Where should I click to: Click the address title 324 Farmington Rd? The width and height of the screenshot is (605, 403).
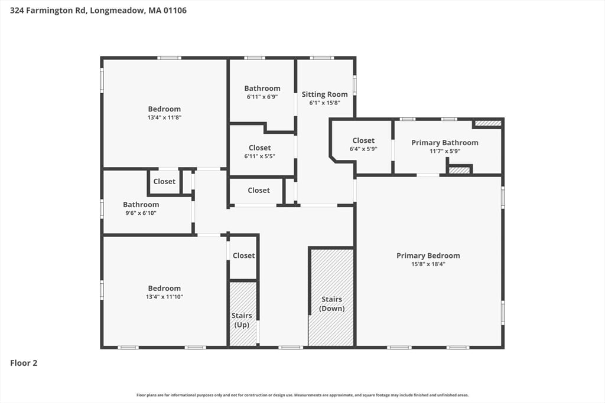[x=97, y=10]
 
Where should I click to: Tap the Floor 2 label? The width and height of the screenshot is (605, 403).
[x=24, y=363]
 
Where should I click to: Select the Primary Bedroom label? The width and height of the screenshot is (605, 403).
[x=428, y=255]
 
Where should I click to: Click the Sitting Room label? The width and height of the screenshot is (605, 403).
[x=324, y=94]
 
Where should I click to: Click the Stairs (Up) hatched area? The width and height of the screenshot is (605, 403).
[x=243, y=314]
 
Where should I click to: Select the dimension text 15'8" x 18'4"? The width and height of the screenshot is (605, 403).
[x=428, y=264]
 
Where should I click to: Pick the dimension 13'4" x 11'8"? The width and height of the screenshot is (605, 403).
[x=164, y=117]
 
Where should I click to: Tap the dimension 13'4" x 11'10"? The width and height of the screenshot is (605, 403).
[x=164, y=297]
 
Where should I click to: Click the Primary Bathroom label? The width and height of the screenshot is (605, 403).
[x=444, y=143]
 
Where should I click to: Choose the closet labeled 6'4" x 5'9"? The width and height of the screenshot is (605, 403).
[x=363, y=145]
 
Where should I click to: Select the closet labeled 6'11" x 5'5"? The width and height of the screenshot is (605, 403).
[x=259, y=152]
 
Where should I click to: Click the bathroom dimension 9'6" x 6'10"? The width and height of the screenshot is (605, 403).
[x=141, y=213]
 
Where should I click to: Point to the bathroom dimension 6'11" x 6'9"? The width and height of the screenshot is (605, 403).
[x=262, y=97]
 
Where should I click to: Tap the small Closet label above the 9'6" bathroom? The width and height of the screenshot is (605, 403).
[x=164, y=182]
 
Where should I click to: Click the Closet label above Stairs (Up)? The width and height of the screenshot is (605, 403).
[x=243, y=255]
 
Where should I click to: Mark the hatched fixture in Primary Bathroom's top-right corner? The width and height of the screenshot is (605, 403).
[x=487, y=123]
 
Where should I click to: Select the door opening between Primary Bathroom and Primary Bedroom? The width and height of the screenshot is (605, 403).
[x=428, y=175]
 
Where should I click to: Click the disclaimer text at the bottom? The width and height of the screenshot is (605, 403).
[x=302, y=395]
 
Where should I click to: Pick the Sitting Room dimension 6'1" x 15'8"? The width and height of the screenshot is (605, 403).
[x=324, y=103]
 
